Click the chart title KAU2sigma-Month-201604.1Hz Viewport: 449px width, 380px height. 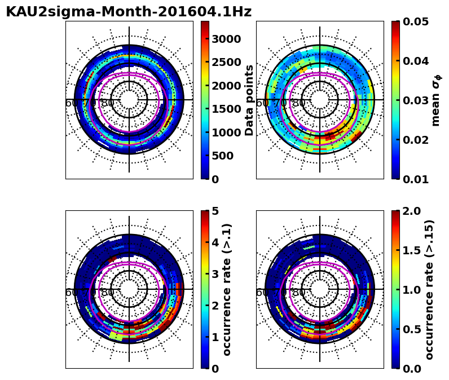tap(129, 12)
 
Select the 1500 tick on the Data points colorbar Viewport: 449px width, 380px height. tap(226, 109)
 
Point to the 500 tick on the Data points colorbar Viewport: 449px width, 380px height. tap(222, 156)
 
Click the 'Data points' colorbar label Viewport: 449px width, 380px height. tap(249, 100)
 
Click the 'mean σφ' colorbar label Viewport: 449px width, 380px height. tap(435, 100)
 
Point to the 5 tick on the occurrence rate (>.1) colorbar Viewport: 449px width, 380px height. tap(214, 211)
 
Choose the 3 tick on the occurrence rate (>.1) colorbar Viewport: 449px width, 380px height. tap(214, 274)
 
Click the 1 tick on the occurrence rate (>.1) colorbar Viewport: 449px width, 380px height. tap(214, 337)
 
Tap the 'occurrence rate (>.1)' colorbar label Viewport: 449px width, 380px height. tap(227, 289)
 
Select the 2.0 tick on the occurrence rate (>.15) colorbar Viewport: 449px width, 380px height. tap(412, 211)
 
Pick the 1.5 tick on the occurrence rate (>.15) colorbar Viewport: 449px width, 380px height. tap(412, 250)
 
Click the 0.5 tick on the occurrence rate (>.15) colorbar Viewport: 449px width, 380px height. tap(412, 329)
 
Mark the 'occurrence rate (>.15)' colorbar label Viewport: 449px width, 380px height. tap(430, 289)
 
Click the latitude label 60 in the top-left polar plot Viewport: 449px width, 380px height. tap(72, 103)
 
